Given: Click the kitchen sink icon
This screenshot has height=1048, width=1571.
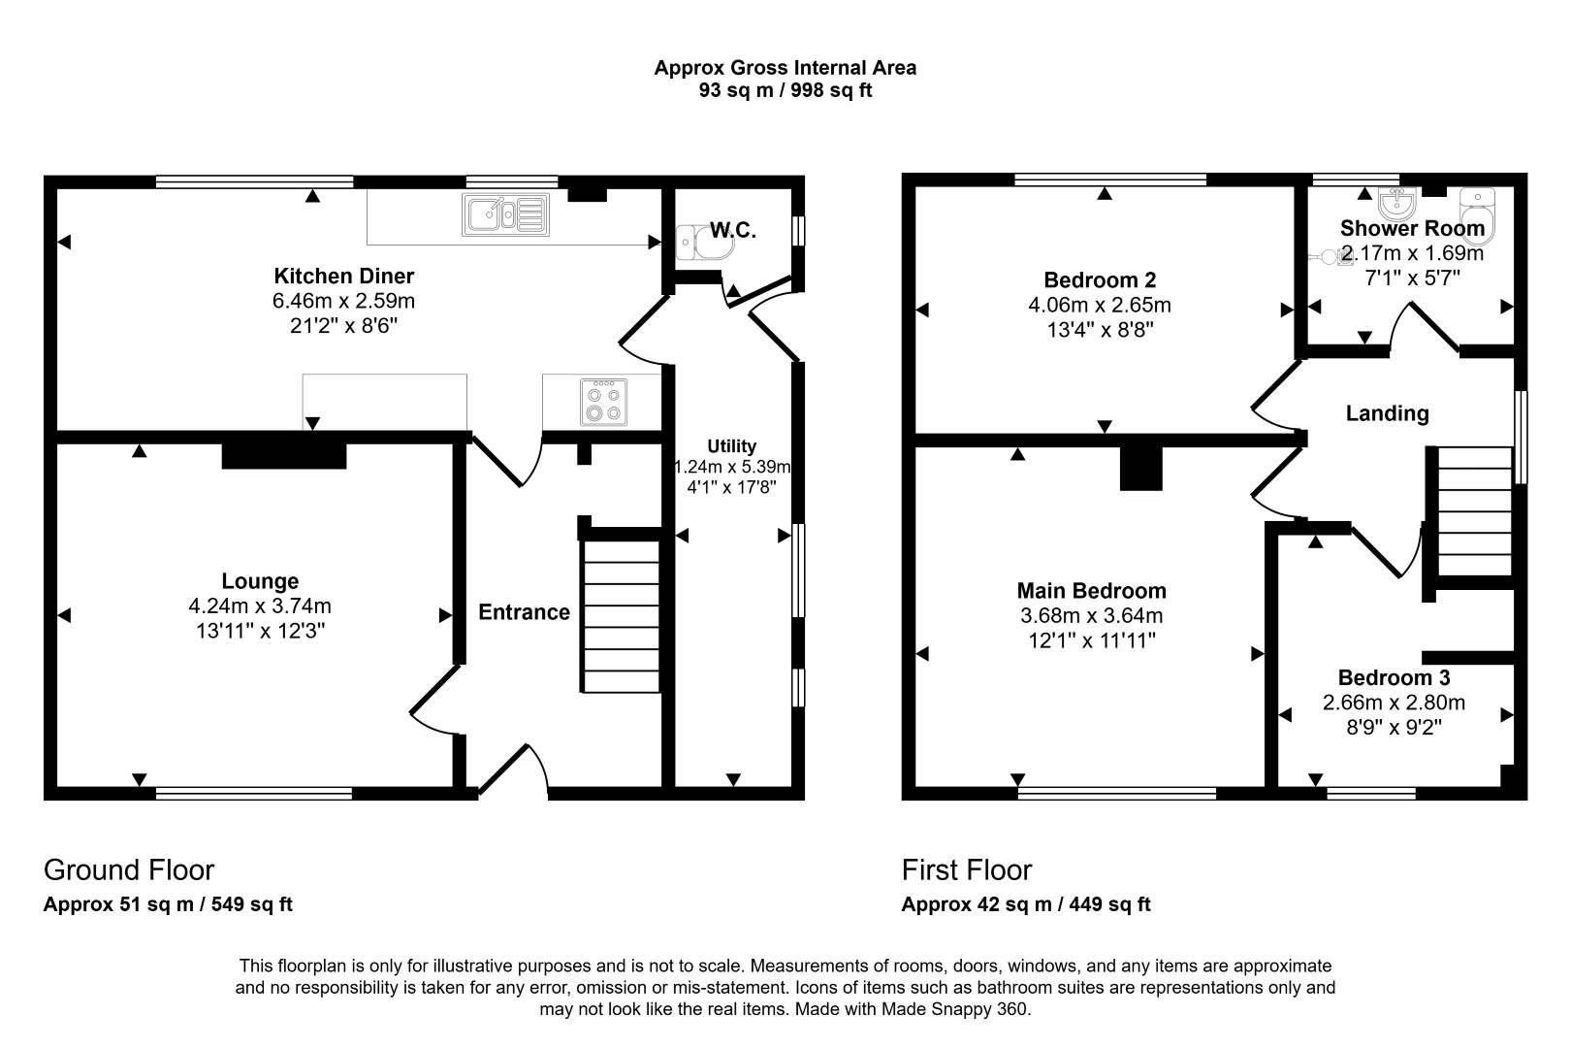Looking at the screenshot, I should tap(505, 214).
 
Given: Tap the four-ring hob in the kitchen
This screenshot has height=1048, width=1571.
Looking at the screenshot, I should tap(602, 402).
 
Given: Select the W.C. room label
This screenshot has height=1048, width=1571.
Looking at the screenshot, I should tap(732, 231).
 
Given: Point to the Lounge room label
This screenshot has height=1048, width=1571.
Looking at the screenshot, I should tap(260, 581).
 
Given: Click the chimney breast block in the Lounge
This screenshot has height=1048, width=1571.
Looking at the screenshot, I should tap(284, 456).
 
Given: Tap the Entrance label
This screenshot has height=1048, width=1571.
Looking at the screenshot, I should tap(524, 612).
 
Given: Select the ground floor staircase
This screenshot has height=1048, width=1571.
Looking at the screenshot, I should tap(621, 616).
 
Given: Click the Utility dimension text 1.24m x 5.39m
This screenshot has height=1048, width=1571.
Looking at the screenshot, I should tap(732, 467).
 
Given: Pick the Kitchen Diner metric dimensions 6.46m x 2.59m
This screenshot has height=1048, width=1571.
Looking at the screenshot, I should tap(343, 301).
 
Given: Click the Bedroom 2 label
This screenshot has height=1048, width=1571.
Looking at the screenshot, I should tap(1100, 280).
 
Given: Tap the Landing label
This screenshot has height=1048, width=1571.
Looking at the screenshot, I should tap(1387, 413).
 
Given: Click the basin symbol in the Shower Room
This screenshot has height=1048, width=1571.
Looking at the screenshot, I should tap(1397, 203).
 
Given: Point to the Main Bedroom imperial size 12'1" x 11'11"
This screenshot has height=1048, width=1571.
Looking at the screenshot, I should tap(1091, 640).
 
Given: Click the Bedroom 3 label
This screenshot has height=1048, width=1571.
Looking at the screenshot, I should tap(1394, 677).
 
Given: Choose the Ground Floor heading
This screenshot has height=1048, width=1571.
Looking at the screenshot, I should tap(129, 869).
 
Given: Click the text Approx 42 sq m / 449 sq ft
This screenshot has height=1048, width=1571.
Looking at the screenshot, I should tap(1025, 904).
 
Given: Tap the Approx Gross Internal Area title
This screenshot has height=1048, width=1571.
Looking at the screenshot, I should tap(785, 68).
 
